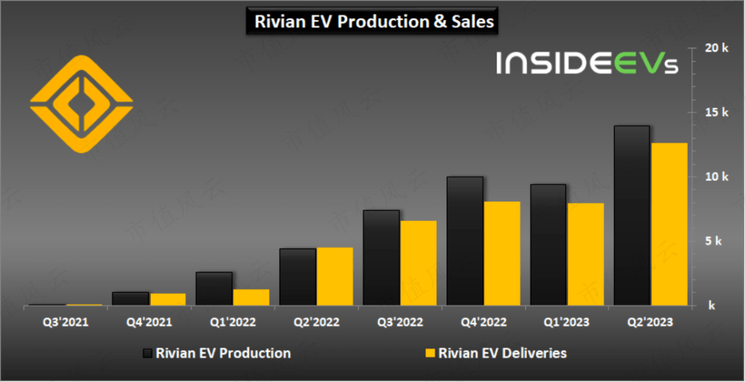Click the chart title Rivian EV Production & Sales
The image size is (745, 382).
(x=374, y=21)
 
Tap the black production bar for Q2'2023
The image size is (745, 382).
(x=631, y=215)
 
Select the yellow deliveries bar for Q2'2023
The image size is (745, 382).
(x=668, y=224)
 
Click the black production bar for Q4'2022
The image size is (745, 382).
(x=464, y=241)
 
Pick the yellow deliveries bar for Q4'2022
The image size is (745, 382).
(x=501, y=253)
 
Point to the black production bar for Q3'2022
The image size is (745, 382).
(x=381, y=257)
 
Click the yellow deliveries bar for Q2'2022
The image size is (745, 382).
(x=335, y=276)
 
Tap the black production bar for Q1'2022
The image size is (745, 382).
(x=214, y=288)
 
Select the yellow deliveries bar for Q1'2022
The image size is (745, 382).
(x=251, y=296)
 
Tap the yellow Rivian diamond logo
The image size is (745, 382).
(x=81, y=103)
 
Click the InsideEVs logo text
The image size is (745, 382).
(x=587, y=63)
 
